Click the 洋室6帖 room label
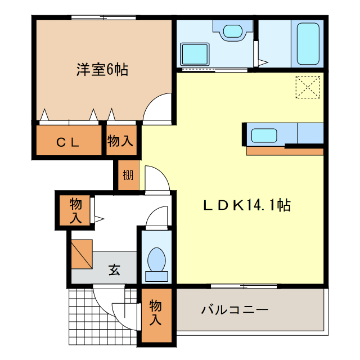102,70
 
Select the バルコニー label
234,309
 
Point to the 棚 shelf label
128,175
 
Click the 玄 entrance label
114,270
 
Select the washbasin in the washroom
232,31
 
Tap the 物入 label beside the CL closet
120,141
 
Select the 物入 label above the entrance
75,211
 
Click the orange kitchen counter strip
284,151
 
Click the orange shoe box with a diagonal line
82,254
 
